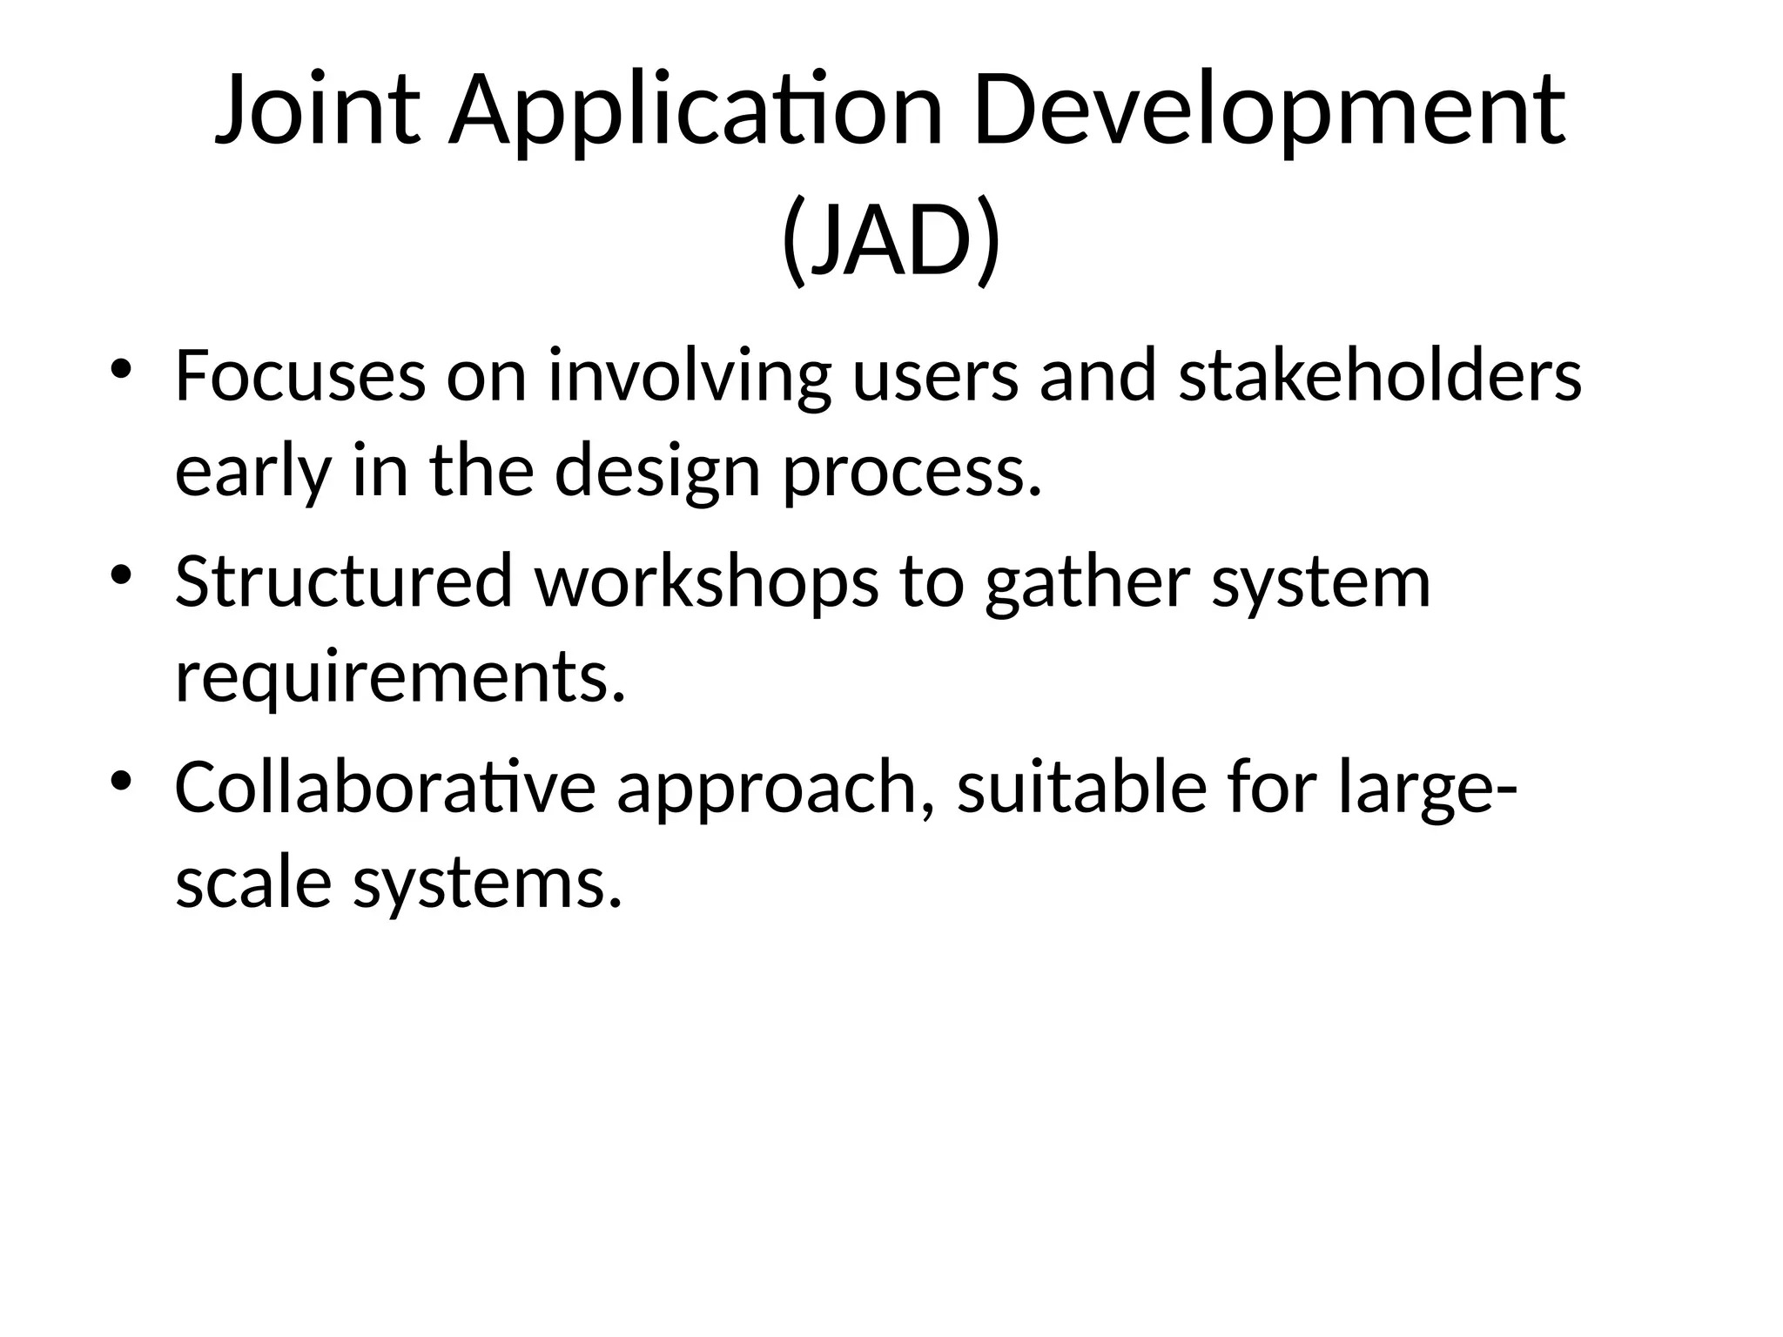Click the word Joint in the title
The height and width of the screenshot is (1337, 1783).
[318, 111]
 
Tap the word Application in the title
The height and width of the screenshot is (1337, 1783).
[695, 111]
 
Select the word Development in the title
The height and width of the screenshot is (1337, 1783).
[1269, 111]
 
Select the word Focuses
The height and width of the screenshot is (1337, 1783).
[300, 376]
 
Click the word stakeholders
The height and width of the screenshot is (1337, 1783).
[1380, 376]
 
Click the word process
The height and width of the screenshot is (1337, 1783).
[912, 472]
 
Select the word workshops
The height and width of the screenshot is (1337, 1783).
[706, 581]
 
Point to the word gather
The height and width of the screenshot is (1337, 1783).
[1087, 581]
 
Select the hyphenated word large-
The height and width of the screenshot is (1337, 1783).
[1428, 787]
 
